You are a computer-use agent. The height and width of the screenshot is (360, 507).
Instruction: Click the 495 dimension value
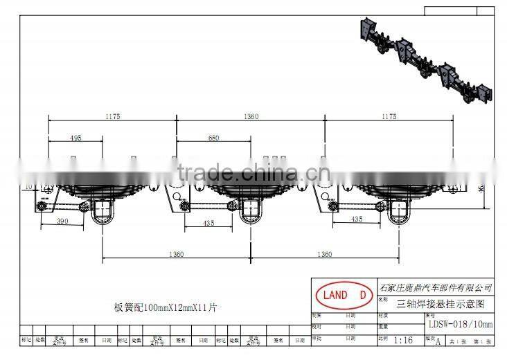[75, 138]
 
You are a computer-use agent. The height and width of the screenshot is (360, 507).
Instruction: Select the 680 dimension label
[214, 138]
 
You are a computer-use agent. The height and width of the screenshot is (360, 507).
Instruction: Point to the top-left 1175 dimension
[113, 117]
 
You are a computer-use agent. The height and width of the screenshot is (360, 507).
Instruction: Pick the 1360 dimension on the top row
[253, 117]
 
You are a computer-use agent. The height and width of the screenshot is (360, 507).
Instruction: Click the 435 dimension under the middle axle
[208, 223]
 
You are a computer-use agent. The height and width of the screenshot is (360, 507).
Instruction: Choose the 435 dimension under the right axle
[356, 219]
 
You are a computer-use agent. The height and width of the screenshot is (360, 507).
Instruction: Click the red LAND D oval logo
[341, 295]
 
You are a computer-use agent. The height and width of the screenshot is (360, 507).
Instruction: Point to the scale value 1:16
[402, 341]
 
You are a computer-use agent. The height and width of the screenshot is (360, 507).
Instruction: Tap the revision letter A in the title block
[437, 341]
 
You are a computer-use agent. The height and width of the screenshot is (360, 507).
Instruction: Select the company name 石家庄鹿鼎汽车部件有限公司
[436, 287]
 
